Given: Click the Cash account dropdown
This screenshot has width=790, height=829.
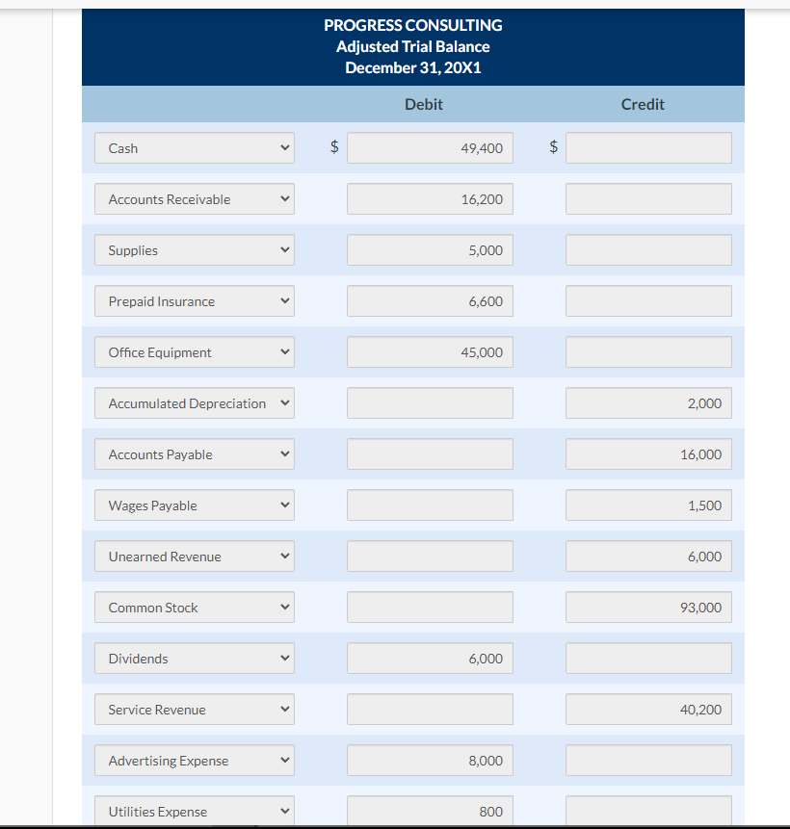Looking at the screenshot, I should (195, 148).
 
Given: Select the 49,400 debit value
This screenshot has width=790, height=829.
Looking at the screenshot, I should (430, 148).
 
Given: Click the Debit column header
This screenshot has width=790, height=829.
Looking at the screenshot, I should (424, 104).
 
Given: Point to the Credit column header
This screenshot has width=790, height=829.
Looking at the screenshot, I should (643, 104).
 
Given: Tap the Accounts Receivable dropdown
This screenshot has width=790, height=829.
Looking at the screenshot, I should (195, 199).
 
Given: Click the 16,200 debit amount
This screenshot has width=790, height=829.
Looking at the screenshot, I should (430, 199).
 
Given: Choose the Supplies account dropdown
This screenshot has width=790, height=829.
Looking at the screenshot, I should (195, 250).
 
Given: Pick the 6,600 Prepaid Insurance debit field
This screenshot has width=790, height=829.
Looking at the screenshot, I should (430, 301).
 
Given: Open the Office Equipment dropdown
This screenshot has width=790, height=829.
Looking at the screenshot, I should (195, 352).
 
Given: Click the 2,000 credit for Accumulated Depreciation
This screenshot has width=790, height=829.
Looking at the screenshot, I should (648, 403).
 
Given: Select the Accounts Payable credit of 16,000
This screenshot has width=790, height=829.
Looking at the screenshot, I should (648, 454).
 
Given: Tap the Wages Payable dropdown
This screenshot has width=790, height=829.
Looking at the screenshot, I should (195, 505).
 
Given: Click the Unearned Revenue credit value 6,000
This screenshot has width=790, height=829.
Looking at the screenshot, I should (648, 557).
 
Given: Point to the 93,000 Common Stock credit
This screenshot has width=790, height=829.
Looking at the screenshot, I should (648, 608).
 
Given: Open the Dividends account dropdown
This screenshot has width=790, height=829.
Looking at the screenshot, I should (195, 659).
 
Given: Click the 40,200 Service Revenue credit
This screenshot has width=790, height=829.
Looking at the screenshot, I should (648, 710).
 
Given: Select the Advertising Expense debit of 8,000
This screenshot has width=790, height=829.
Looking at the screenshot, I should (430, 761).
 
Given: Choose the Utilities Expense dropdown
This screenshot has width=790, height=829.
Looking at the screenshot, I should (195, 811).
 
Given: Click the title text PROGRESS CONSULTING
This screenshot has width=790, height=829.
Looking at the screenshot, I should (412, 25).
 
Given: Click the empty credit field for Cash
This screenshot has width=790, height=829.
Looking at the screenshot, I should (648, 148).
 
